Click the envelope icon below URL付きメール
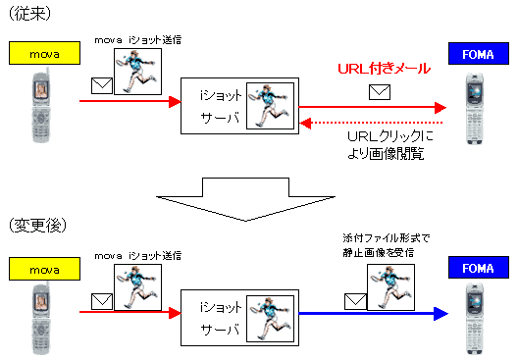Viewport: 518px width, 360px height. point(378,93)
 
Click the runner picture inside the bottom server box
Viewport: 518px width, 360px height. point(267,316)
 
